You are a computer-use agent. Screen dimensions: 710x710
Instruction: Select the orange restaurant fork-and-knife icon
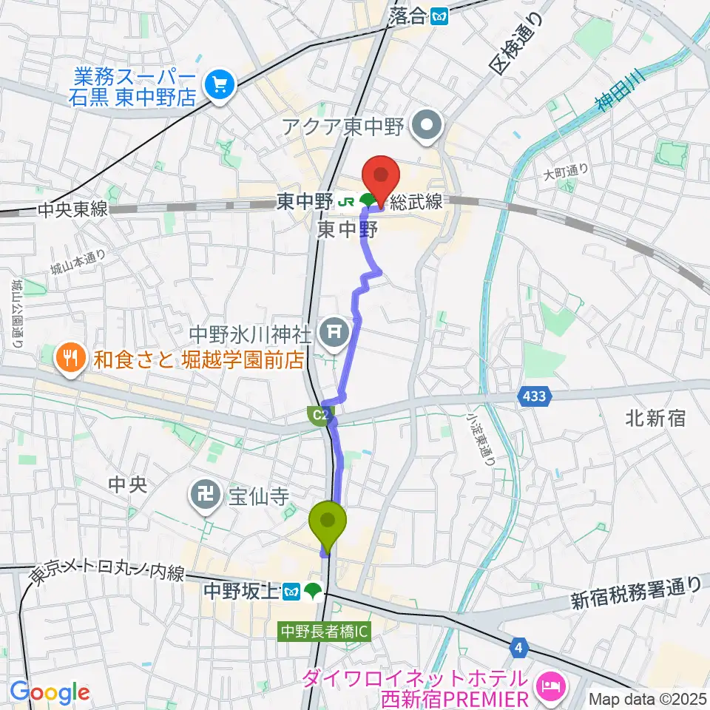[x=70, y=359]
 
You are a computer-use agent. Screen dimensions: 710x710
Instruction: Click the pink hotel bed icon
[x=551, y=687]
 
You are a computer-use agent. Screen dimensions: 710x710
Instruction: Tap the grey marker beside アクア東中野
[x=427, y=126]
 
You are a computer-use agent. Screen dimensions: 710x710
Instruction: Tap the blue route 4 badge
[x=520, y=648]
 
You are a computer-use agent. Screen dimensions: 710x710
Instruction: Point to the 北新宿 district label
[x=655, y=419]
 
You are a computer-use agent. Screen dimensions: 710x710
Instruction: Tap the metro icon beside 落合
[x=442, y=15]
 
